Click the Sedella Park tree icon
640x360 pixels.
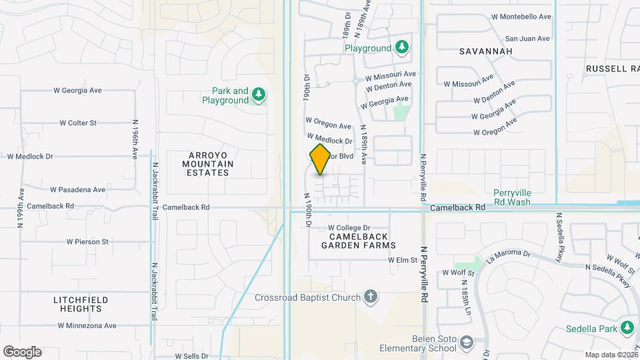pos(627,327)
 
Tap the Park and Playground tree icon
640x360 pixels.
pos(259,96)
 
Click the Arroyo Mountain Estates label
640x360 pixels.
pos(208,163)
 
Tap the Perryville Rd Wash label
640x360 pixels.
pos(512,197)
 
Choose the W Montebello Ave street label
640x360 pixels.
pos(521,17)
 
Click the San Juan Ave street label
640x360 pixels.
pos(529,39)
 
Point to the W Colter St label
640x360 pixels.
pos(78,123)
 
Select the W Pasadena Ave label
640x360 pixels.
pos(77,189)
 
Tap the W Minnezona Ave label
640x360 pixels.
pos(87,326)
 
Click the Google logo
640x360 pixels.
pos(22,352)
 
